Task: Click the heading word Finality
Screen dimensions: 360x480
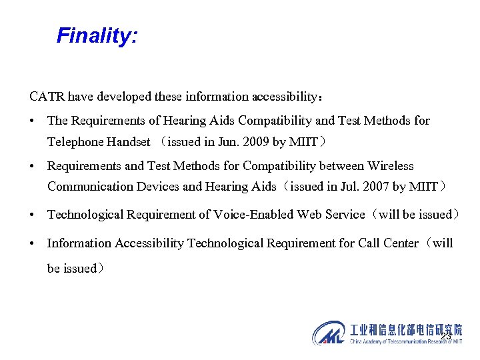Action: [97, 35]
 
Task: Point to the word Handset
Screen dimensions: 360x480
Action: [129, 142]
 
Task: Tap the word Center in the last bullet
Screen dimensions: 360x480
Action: [401, 243]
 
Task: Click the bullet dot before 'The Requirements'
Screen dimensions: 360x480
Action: [33, 121]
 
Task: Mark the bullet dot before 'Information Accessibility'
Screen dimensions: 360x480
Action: [33, 244]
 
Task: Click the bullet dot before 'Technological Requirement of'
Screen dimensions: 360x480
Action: [33, 215]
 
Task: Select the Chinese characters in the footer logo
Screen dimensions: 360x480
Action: [406, 329]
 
